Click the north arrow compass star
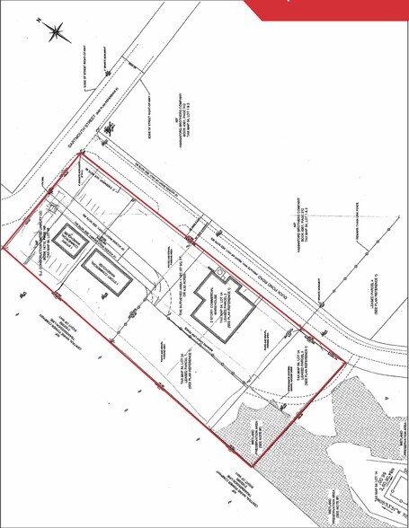point(58,31)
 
